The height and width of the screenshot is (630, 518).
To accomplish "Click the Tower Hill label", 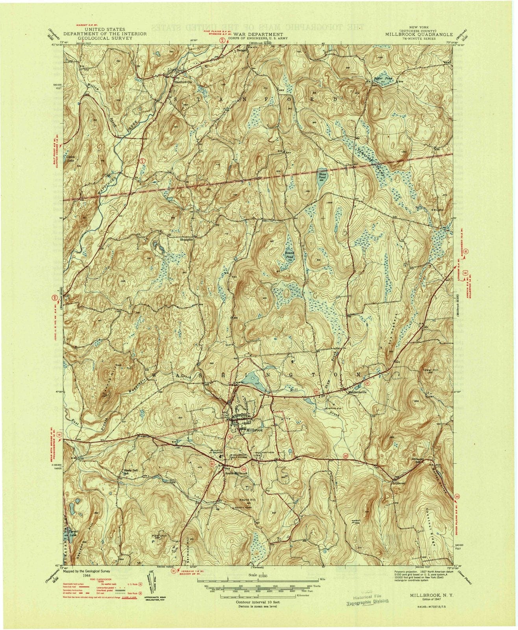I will tap(430, 370).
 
